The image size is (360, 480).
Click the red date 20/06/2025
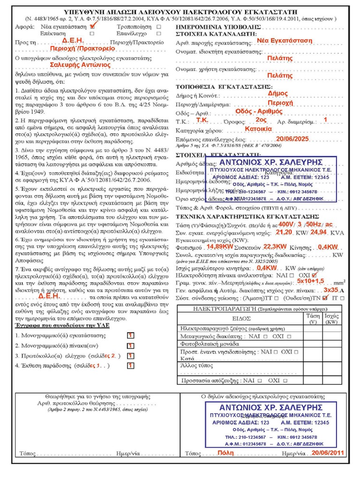[x=292, y=139]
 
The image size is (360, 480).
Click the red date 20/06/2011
[x=328, y=452]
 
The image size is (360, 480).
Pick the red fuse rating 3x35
[x=330, y=290]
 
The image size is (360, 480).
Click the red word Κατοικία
[x=258, y=128]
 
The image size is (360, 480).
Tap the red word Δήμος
[x=278, y=94]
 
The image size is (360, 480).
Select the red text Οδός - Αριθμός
[x=259, y=111]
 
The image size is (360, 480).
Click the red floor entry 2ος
[x=262, y=120]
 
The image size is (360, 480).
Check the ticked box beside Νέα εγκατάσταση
[x=92, y=27]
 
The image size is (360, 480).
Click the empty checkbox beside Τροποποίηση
[x=158, y=27]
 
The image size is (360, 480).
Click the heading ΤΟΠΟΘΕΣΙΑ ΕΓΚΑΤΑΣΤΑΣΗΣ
[x=224, y=87]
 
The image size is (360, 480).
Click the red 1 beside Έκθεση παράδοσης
[x=130, y=365]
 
